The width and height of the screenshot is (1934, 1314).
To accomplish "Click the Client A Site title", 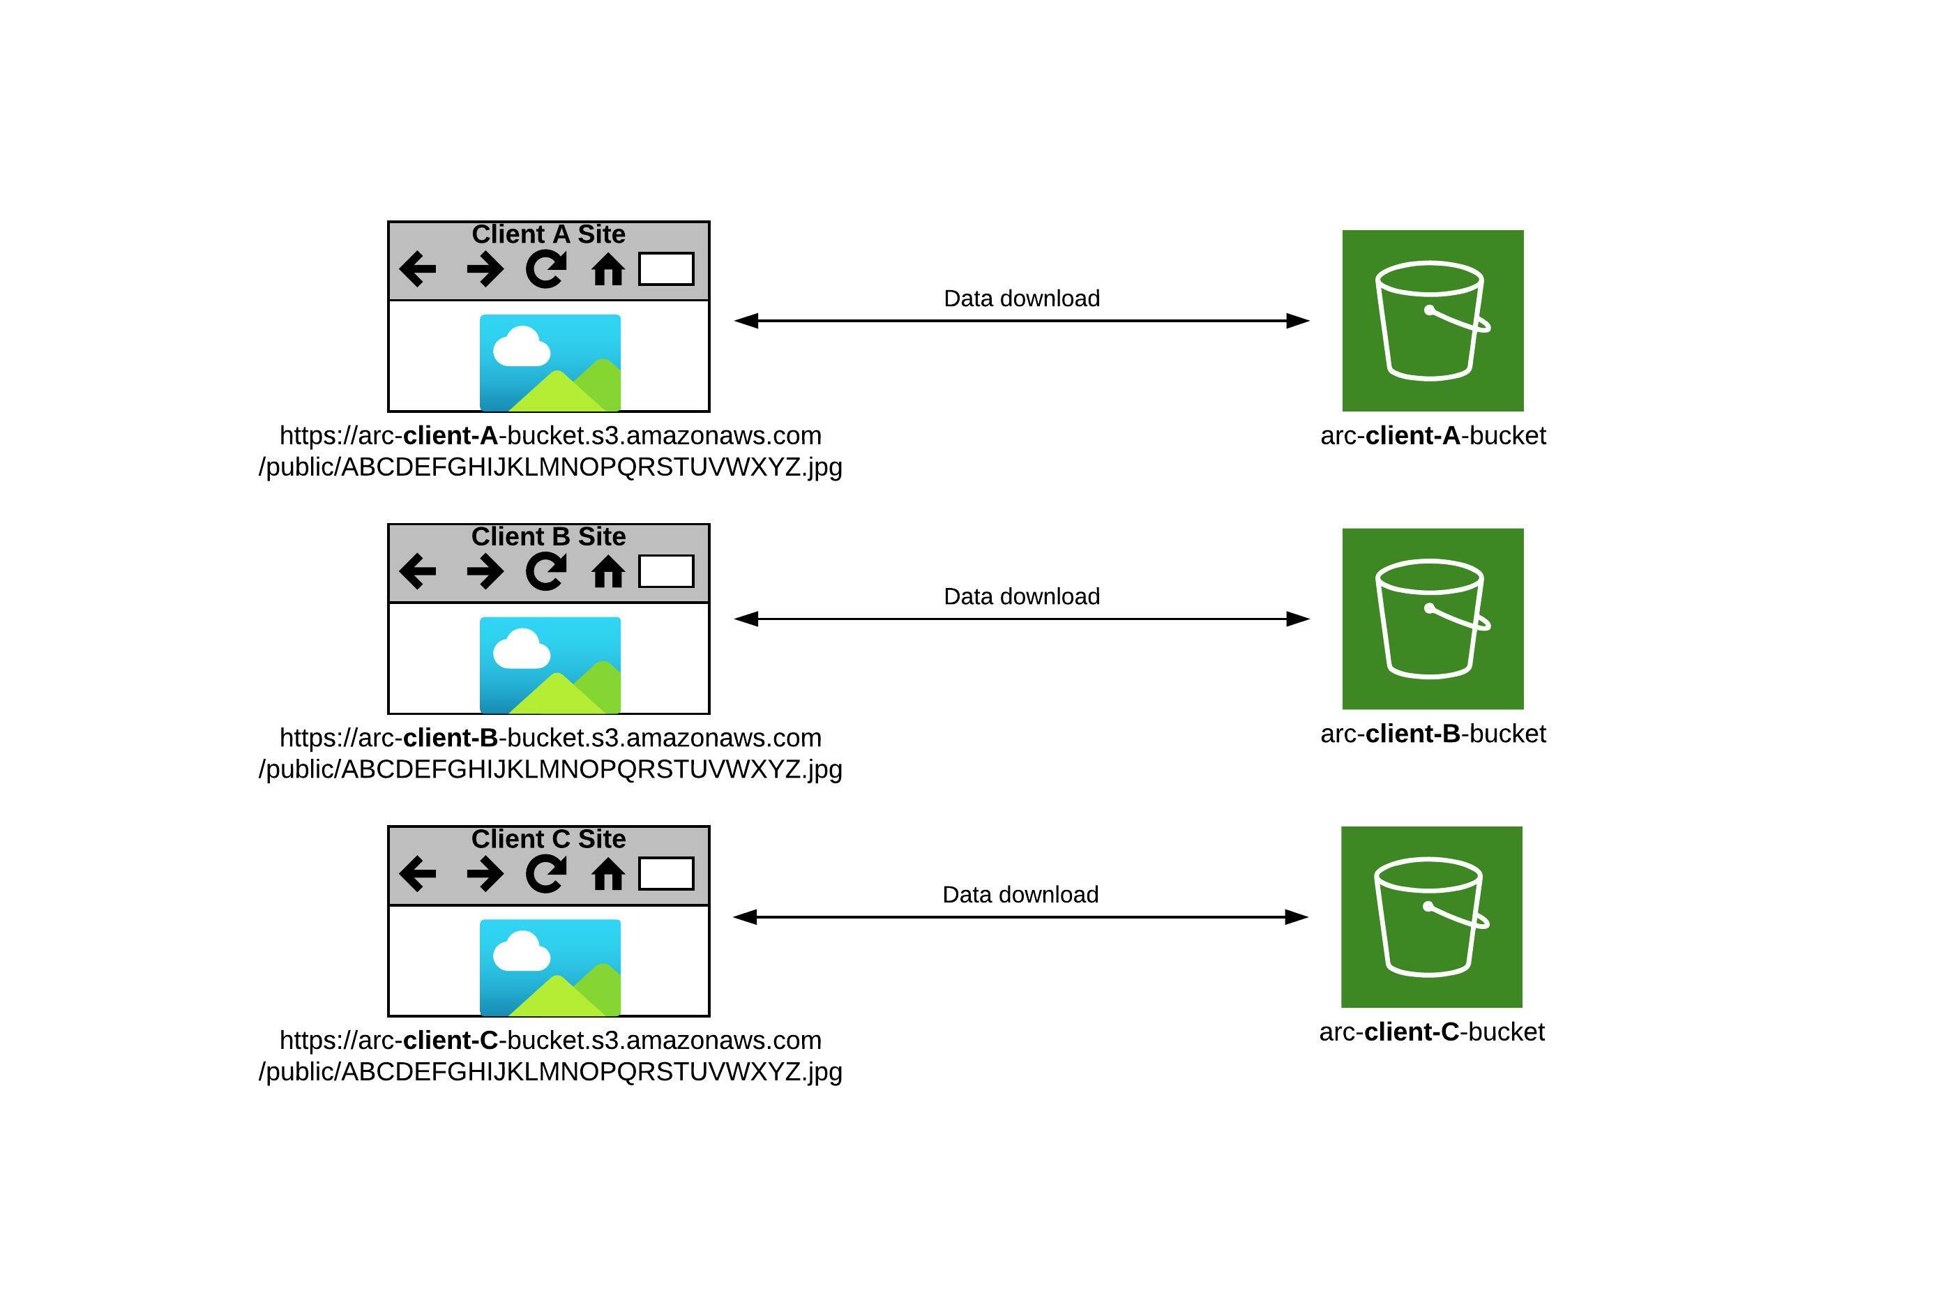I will click(x=548, y=234).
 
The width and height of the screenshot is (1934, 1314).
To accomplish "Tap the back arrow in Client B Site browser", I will click(x=418, y=571).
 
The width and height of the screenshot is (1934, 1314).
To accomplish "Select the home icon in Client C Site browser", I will click(x=607, y=874).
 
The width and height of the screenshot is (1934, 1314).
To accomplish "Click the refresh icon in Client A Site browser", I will click(x=546, y=269).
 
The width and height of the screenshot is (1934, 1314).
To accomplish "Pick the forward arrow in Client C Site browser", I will click(x=484, y=874).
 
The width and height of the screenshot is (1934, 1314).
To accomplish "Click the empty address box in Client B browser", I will click(x=666, y=571).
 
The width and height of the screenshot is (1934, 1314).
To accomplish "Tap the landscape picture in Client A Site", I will click(x=550, y=363).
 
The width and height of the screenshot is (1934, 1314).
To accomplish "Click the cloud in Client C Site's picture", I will click(x=522, y=952).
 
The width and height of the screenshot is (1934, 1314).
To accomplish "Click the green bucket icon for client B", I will click(x=1432, y=619).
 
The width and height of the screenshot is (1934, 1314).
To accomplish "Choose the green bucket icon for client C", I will click(x=1431, y=916).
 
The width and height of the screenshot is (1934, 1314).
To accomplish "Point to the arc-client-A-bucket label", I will click(x=1432, y=435).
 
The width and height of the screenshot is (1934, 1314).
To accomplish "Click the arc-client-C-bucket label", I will click(x=1431, y=1032).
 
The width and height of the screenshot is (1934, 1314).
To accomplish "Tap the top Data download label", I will click(x=1021, y=298).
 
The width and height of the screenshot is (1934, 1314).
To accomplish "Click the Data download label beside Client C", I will click(x=1020, y=895).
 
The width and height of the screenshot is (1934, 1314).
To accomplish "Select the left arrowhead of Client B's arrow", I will click(x=746, y=619).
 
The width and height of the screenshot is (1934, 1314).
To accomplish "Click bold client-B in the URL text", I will click(x=451, y=737).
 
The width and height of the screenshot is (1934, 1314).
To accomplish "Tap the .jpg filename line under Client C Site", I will click(x=550, y=1072).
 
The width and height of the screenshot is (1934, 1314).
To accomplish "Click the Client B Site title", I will click(x=548, y=537).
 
